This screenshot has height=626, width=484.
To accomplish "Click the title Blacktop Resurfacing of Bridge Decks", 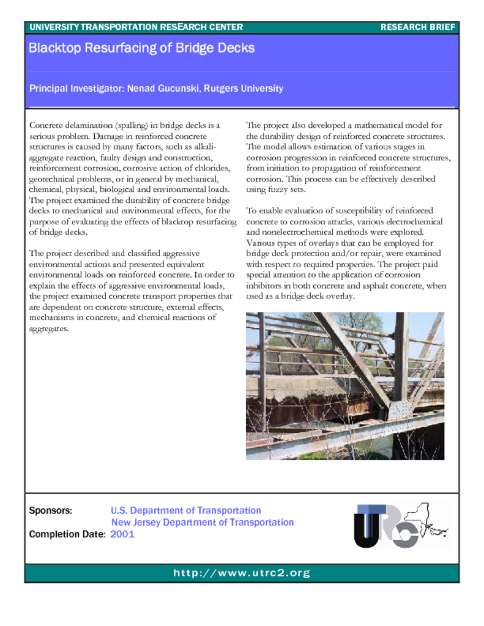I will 141,48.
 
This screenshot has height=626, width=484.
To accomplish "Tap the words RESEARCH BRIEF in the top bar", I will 417,27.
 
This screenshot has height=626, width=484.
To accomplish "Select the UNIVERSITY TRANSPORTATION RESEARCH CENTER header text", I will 136,27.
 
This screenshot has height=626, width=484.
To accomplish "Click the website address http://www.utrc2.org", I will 242,573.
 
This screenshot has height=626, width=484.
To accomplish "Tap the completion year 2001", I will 122,534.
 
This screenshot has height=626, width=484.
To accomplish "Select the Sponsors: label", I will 51,510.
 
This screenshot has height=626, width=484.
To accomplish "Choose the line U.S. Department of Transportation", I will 186,510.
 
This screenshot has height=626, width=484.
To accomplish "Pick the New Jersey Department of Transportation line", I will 202,522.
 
